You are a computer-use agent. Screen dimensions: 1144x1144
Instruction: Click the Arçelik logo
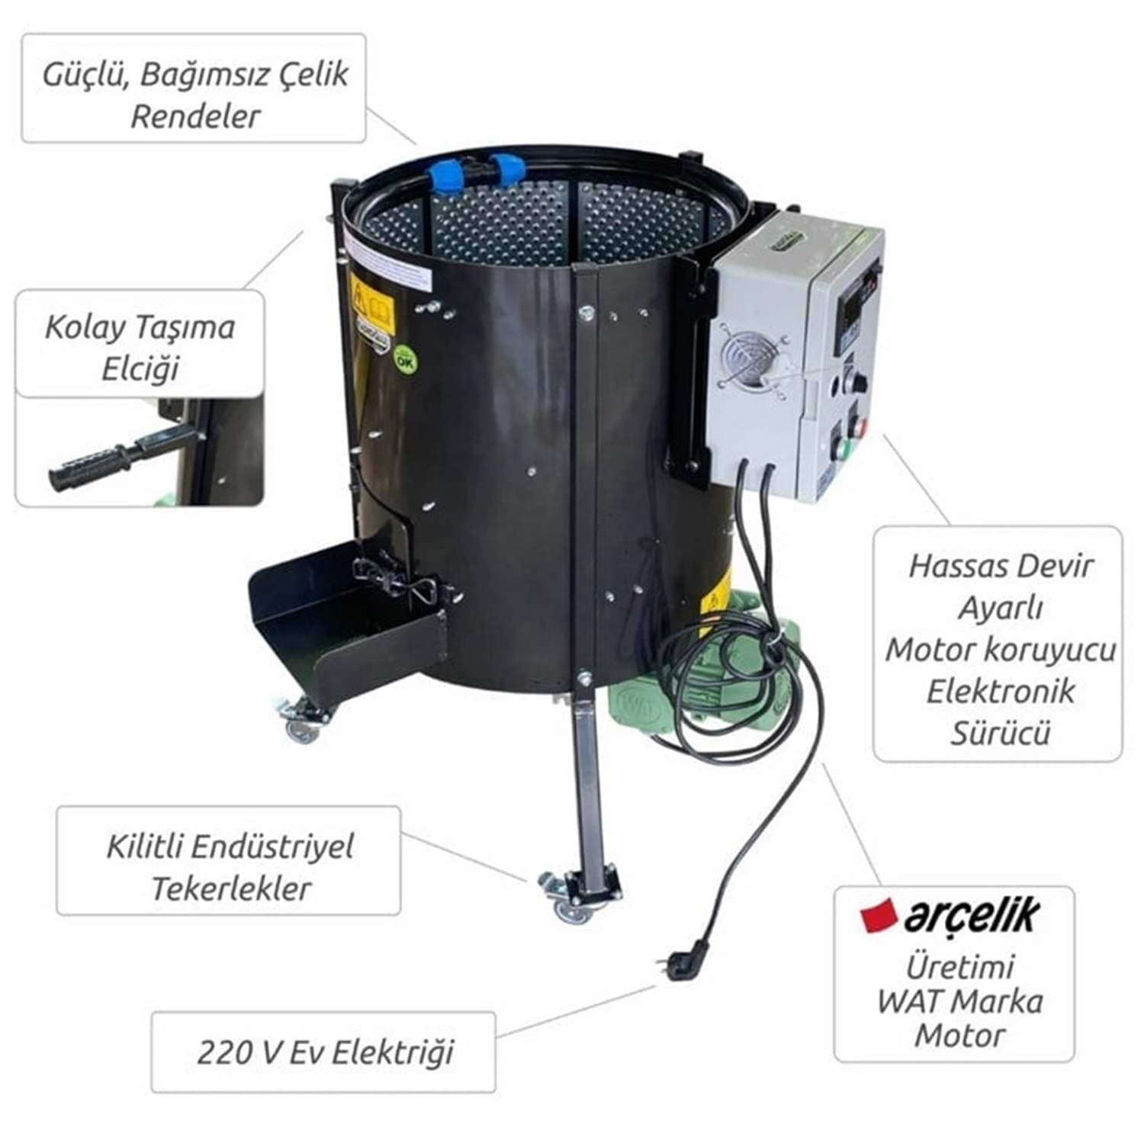(x=950, y=916)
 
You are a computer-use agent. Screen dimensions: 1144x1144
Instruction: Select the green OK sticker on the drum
(x=405, y=358)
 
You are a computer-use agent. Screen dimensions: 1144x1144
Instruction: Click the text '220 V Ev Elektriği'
(x=325, y=1052)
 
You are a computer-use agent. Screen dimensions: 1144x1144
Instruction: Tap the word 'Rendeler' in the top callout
(x=195, y=117)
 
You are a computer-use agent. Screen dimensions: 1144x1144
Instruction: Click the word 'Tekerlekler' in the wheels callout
(x=232, y=889)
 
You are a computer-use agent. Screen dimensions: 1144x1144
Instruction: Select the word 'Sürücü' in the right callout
(x=1000, y=732)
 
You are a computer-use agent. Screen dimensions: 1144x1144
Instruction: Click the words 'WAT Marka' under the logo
(x=960, y=1001)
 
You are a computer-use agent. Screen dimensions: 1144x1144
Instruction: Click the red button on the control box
(x=862, y=426)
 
